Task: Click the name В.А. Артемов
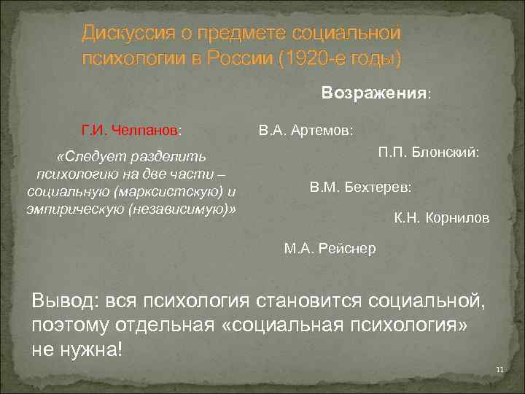(x=306, y=131)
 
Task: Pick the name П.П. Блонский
(x=428, y=153)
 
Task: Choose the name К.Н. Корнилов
(x=442, y=218)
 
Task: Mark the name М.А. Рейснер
(x=330, y=248)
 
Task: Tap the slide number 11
(x=499, y=371)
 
